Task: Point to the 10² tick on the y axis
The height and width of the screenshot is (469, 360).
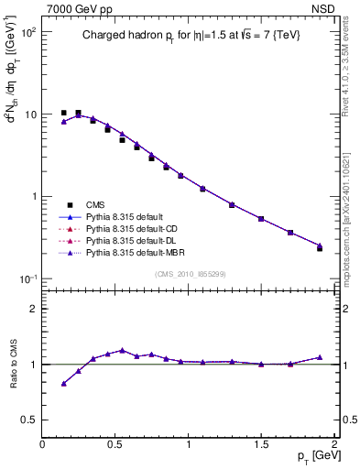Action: coord(27,32)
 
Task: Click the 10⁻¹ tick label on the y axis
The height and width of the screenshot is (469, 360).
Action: coord(27,278)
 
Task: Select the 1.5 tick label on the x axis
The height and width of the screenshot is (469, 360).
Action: coord(261,444)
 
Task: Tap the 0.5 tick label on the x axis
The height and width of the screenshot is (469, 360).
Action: coord(115,444)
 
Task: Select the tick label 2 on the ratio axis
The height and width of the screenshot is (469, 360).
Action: coord(33,310)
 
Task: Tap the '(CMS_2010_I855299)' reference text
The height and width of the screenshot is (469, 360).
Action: coord(189,274)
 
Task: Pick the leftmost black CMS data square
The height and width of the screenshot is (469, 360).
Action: coord(63,113)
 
